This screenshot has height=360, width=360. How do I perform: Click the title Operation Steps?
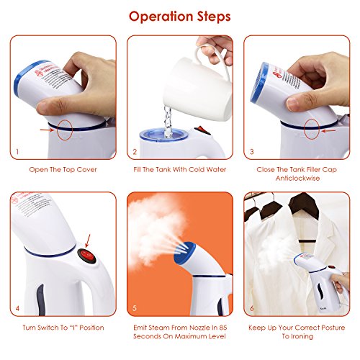pos(180,17)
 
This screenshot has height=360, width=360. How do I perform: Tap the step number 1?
pos(17,152)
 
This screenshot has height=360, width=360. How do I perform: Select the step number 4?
pos(17,308)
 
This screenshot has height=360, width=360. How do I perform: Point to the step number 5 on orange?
pos(135,308)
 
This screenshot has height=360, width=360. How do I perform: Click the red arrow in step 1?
pos(48,130)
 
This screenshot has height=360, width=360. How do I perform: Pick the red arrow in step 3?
pos(328,131)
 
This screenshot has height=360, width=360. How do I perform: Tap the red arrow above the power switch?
pos(88,240)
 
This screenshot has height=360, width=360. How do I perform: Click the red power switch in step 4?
pos(86,256)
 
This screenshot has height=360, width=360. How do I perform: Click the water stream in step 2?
pos(168,122)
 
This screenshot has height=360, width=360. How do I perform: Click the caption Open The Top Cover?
pos(63,170)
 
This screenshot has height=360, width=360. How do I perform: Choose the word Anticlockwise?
pos(297,179)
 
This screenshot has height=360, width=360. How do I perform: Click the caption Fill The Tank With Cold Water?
pos(180,170)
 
